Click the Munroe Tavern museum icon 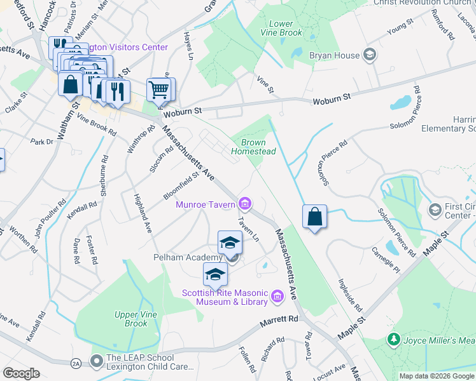tap(244, 204)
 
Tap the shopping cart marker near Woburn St tap(158, 90)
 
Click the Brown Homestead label tap(253, 147)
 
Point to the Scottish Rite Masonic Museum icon tap(277, 296)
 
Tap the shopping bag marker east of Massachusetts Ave tap(314, 217)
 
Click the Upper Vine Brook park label tap(131, 319)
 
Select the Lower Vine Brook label tap(281, 28)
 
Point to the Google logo tap(21, 373)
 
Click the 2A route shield tap(76, 363)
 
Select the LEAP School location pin tap(96, 362)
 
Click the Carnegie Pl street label tap(389, 260)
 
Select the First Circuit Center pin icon tap(435, 210)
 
